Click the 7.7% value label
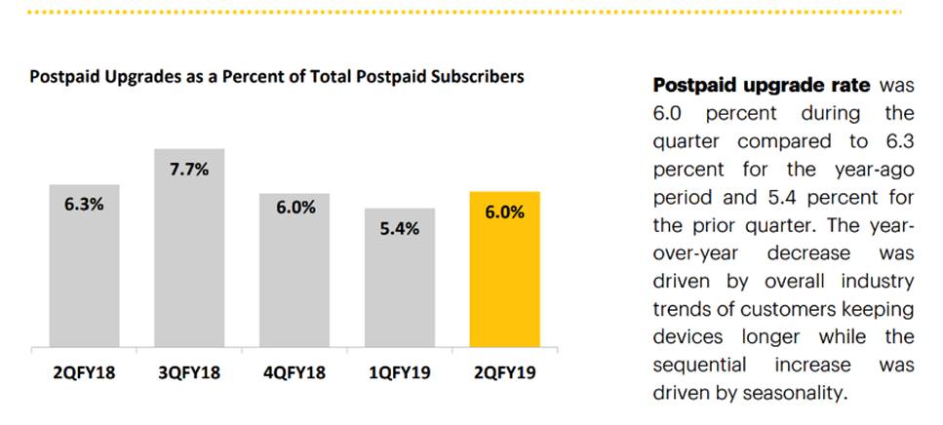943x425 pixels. (x=189, y=169)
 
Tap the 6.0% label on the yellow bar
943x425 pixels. (x=503, y=212)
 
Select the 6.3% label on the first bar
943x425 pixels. (x=85, y=206)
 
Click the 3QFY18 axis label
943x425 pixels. (x=189, y=373)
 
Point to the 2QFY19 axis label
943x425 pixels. (x=503, y=373)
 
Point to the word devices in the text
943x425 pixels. (x=688, y=337)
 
